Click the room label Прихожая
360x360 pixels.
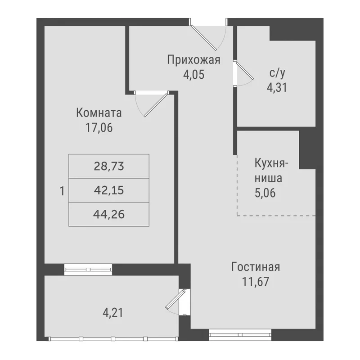tap(193, 60)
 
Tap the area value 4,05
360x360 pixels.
tap(193, 75)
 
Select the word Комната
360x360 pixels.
tap(99, 113)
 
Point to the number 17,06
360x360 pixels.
tap(99, 128)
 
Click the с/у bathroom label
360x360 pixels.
tap(277, 73)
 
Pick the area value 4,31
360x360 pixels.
tap(277, 87)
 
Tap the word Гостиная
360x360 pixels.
tap(256, 267)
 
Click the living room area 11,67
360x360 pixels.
tap(256, 282)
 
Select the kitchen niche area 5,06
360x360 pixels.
tap(265, 193)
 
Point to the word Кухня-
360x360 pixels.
tap(271, 163)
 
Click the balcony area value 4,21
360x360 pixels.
tap(113, 313)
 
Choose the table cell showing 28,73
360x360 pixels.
tap(109, 166)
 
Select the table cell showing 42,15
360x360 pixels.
tap(109, 190)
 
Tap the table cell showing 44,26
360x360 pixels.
tap(109, 215)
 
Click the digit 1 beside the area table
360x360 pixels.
tap(62, 191)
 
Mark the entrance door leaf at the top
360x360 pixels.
tap(203, 37)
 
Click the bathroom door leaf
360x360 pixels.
tap(245, 70)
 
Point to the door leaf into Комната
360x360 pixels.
tap(156, 105)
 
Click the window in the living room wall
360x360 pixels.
tap(240, 335)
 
